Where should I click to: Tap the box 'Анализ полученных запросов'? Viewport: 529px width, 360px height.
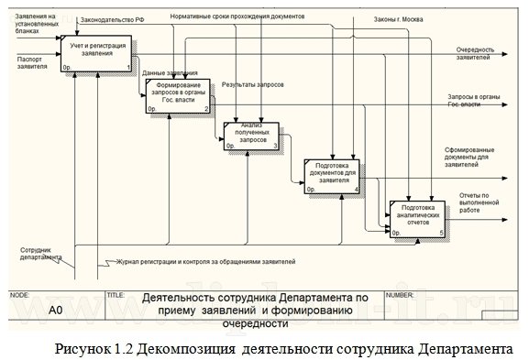(248, 133)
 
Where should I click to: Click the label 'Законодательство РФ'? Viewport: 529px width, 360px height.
(112, 18)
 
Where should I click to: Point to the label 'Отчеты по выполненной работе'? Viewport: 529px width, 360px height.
(480, 201)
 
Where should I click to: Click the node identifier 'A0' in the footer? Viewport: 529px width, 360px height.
(56, 311)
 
